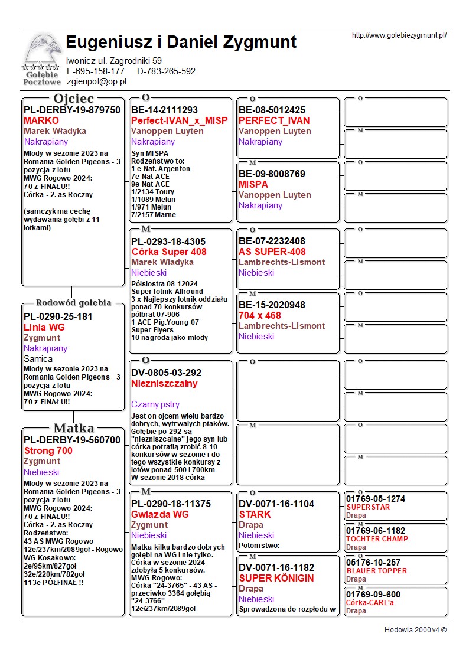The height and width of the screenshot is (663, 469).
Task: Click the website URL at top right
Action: [399, 35]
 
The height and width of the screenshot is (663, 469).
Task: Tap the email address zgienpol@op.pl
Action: [96, 82]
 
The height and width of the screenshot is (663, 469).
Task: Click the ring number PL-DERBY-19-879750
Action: [71, 110]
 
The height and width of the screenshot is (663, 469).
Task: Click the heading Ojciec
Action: [73, 98]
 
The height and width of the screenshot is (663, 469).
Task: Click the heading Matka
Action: [73, 428]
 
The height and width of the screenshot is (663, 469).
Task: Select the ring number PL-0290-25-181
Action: [58, 316]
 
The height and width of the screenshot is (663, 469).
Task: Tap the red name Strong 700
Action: [48, 450]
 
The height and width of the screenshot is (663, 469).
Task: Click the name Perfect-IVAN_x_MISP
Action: [179, 120]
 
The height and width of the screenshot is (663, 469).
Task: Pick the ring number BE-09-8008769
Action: [272, 174]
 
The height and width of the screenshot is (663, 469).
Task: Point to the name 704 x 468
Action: [259, 315]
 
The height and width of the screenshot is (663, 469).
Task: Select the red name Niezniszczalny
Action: [164, 383]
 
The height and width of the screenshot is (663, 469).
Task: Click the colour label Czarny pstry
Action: [155, 404]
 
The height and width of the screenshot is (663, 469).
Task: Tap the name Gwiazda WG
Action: [160, 514]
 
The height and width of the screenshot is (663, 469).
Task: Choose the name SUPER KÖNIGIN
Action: [276, 578]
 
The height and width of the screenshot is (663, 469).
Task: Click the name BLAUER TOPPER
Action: [376, 571]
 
